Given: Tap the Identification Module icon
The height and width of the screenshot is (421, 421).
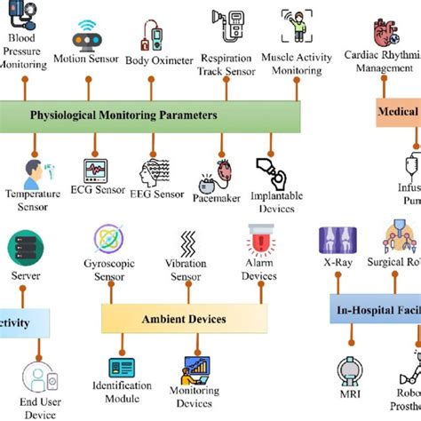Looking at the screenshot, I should pyautogui.click(x=123, y=368).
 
